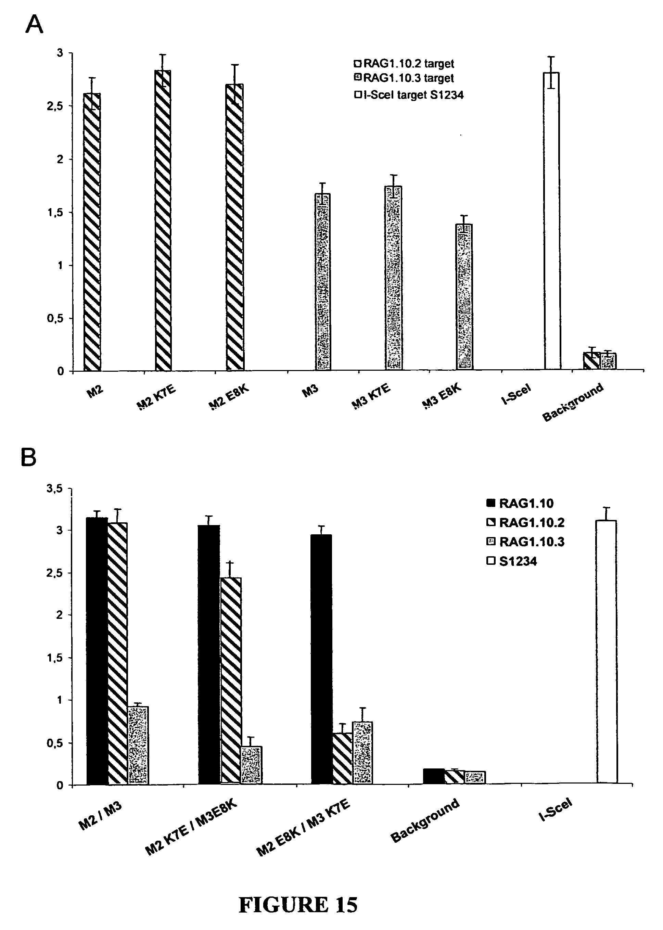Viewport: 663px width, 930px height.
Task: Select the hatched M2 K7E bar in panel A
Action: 163,220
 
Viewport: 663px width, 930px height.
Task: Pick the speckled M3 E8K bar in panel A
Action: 464,297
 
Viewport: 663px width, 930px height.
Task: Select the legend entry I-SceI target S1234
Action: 409,95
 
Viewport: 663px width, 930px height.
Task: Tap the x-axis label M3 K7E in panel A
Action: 371,396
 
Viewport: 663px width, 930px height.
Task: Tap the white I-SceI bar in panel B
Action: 607,652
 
